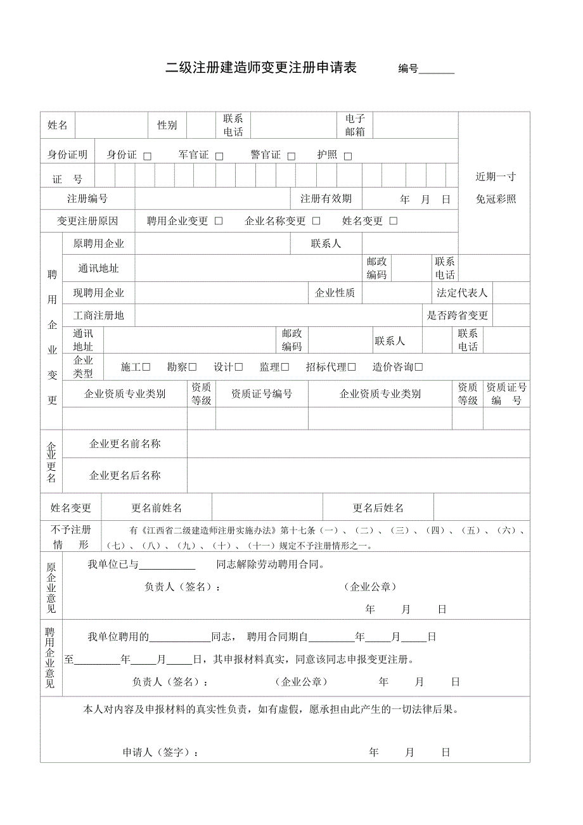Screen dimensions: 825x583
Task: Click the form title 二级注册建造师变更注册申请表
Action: [260, 68]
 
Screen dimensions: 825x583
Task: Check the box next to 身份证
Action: [148, 157]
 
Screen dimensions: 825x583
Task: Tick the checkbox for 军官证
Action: [219, 157]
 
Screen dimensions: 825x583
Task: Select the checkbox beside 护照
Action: [348, 157]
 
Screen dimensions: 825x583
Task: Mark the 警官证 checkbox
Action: [291, 157]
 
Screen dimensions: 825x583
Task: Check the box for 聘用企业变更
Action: [219, 221]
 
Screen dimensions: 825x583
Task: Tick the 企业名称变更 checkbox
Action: [316, 221]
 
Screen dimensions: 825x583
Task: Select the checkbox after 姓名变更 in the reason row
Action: [394, 221]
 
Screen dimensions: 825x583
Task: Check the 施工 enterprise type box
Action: [146, 367]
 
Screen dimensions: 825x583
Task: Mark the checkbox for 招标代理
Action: [352, 367]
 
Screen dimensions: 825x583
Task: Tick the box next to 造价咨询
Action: [419, 367]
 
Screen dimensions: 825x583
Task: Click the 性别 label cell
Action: [167, 125]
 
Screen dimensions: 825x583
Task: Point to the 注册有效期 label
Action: [326, 199]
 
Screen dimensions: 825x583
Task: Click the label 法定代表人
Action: [462, 293]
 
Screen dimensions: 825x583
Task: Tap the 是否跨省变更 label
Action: [458, 316]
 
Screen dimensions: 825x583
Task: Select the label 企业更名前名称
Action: [125, 444]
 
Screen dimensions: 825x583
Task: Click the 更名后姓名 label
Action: [378, 508]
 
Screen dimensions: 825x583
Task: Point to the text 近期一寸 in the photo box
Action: [496, 177]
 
